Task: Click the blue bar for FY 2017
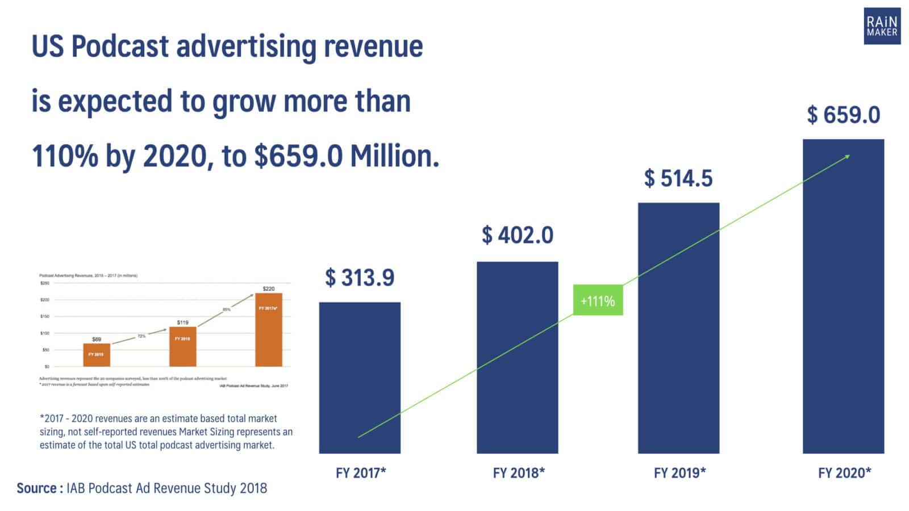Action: pyautogui.click(x=359, y=378)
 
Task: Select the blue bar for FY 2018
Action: pyautogui.click(x=517, y=357)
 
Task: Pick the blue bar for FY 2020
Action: pyautogui.click(x=843, y=296)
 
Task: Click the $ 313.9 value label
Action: pyautogui.click(x=360, y=278)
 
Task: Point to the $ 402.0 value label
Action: pyautogui.click(x=518, y=235)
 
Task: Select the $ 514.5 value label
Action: pyautogui.click(x=678, y=179)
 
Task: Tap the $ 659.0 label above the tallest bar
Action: pyautogui.click(x=844, y=115)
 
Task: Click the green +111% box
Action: pyautogui.click(x=598, y=300)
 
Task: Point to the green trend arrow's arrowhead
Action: pyautogui.click(x=848, y=156)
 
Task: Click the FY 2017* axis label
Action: pyautogui.click(x=361, y=472)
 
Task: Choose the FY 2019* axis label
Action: pyautogui.click(x=679, y=472)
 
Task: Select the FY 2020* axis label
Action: pyautogui.click(x=844, y=472)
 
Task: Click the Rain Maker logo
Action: pyautogui.click(x=882, y=26)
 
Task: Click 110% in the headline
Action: pyautogui.click(x=65, y=156)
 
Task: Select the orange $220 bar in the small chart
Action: pyautogui.click(x=268, y=330)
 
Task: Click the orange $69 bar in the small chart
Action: pyautogui.click(x=97, y=355)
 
